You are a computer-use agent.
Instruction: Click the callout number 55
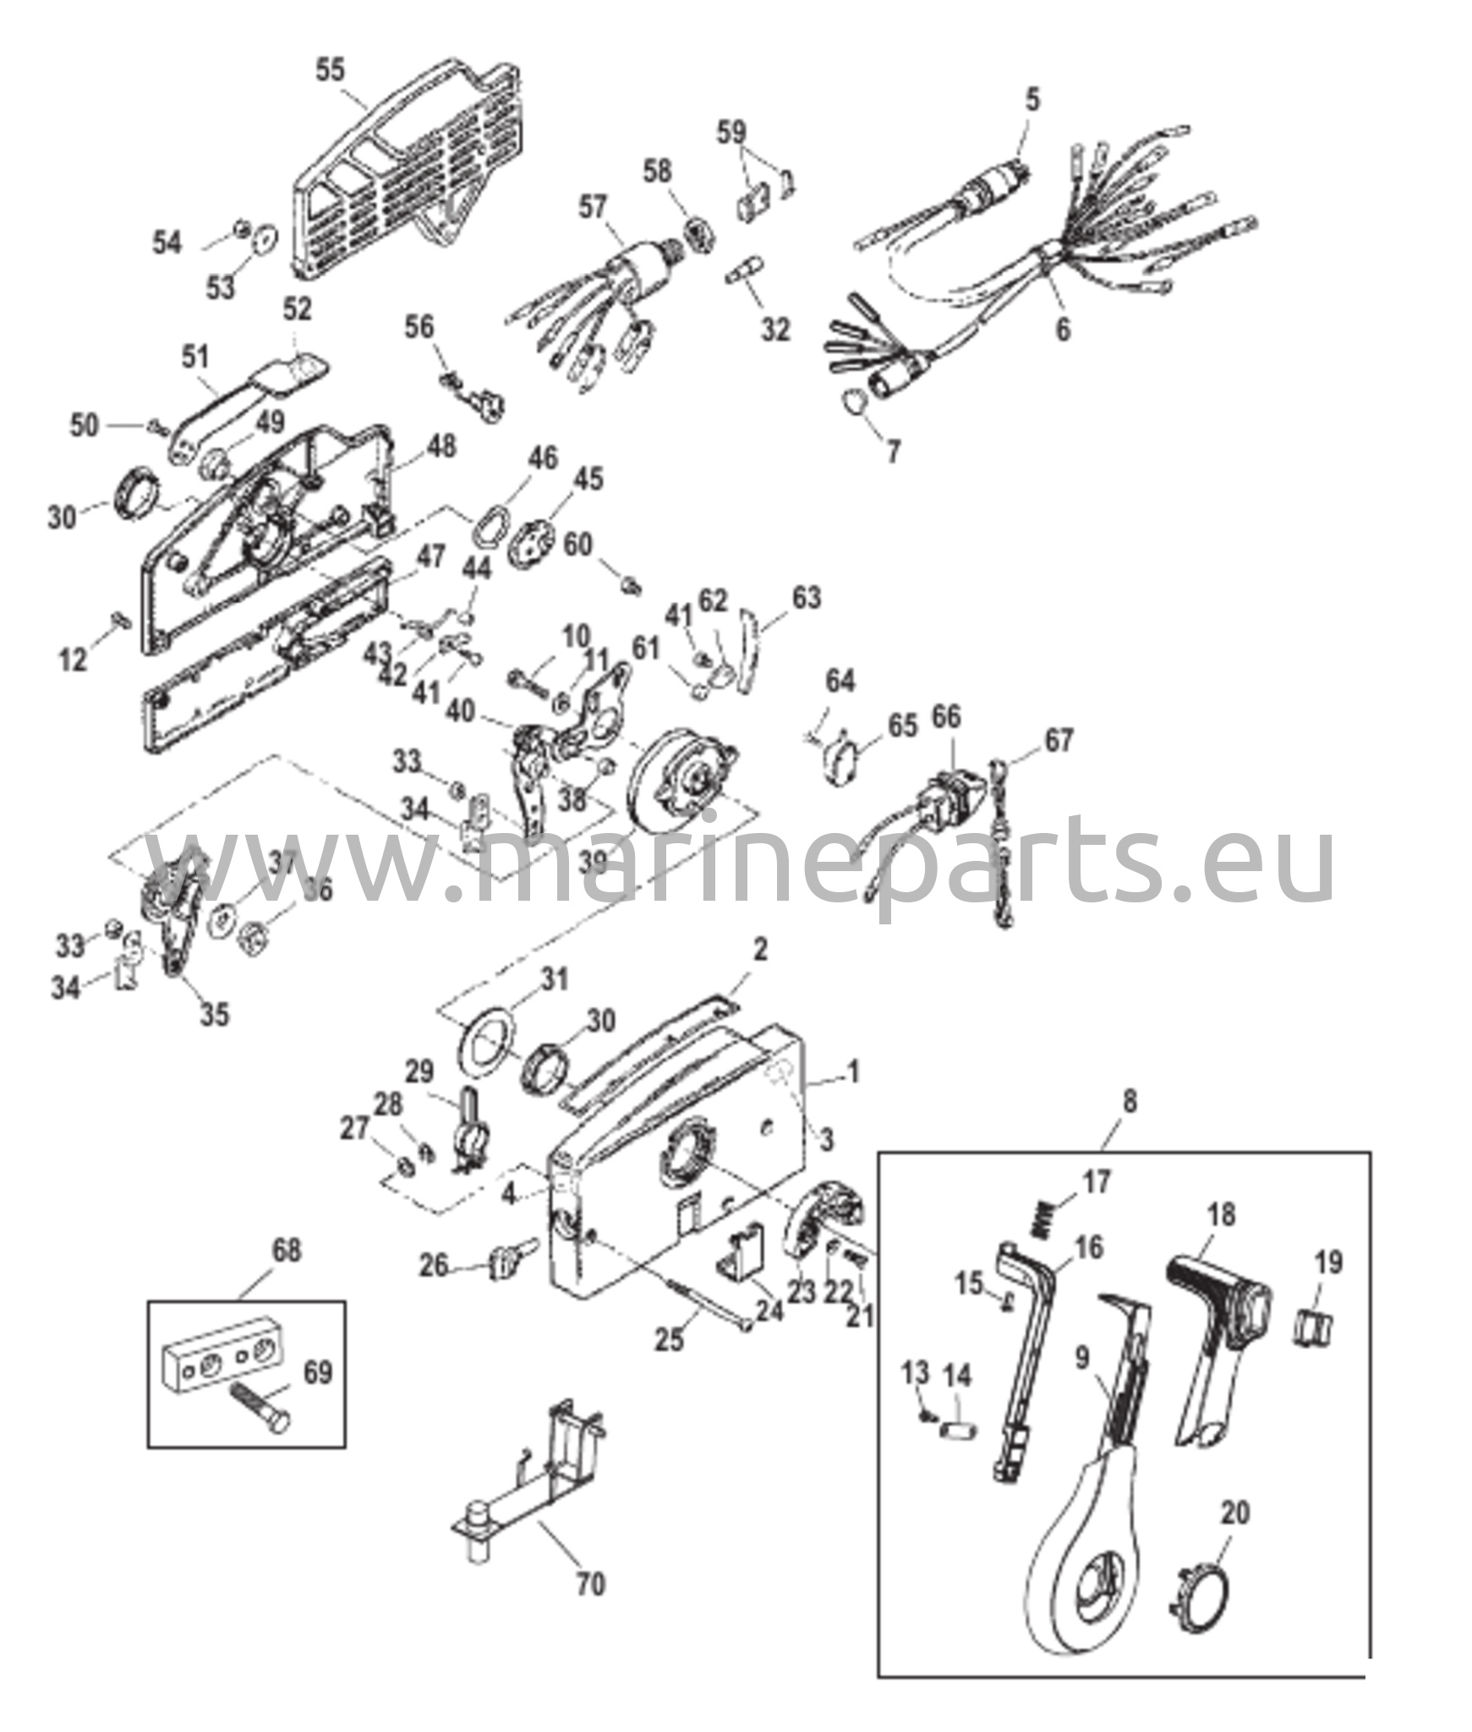coord(331,69)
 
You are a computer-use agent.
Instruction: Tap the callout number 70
coord(591,1583)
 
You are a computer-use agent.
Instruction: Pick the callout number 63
coord(807,597)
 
